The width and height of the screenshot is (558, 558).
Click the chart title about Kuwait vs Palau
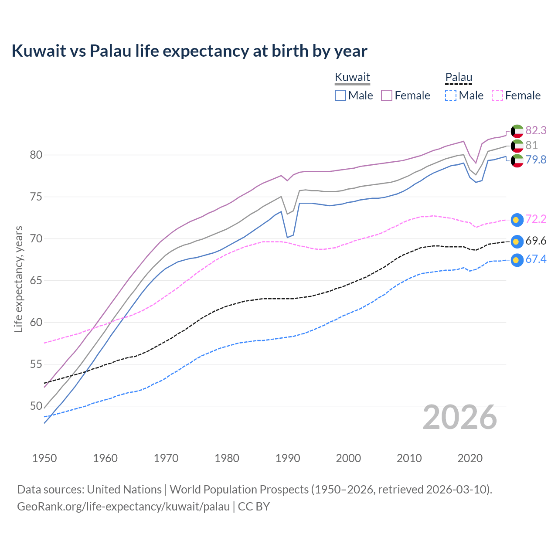[x=189, y=51]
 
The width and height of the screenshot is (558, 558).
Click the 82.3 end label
[x=536, y=130]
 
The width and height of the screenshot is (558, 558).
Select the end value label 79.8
[x=536, y=160]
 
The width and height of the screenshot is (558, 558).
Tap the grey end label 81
[x=531, y=145]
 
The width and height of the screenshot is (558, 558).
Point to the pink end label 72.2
[x=536, y=219]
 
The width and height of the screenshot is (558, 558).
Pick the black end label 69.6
[x=536, y=241]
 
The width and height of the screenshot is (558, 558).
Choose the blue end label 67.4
[x=536, y=259]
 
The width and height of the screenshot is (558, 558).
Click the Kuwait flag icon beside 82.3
[x=517, y=131]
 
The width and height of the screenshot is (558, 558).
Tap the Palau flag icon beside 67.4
[x=517, y=260]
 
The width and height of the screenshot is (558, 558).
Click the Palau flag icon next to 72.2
[x=517, y=220]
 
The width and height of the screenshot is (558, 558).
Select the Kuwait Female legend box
[x=387, y=95]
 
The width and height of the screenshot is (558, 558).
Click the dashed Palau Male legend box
[x=451, y=95]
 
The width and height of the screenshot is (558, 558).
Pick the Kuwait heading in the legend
[x=352, y=77]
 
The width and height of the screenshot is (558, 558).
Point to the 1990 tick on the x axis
[x=288, y=458]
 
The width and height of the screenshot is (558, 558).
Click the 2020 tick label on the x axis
[x=470, y=458]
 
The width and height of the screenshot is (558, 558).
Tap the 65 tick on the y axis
[x=36, y=280]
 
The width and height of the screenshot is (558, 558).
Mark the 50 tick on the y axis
[x=36, y=406]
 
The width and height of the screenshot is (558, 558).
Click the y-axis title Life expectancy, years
[x=18, y=279]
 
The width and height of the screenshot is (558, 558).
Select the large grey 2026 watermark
[x=459, y=417]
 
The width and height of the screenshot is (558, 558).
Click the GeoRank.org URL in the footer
[x=123, y=507]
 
